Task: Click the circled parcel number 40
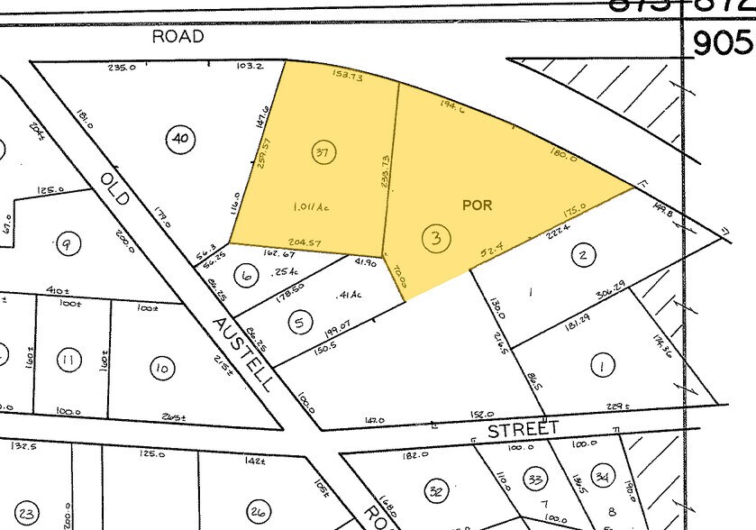pos(180,138)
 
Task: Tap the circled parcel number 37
pos(321,152)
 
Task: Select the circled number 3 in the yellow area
pos(436,239)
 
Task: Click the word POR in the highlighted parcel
pos(478,206)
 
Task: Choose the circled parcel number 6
pos(244,277)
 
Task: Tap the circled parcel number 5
pos(301,321)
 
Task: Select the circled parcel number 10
pos(162,368)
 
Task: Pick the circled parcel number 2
pos(583,256)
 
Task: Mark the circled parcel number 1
pos(600,365)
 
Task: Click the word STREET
pos(524,429)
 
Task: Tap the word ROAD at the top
pos(178,37)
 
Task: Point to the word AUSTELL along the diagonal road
pos(243,352)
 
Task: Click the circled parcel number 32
pos(437,491)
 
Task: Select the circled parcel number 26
pos(260,511)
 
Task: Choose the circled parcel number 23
pos(27,514)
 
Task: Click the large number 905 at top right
pos(721,41)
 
